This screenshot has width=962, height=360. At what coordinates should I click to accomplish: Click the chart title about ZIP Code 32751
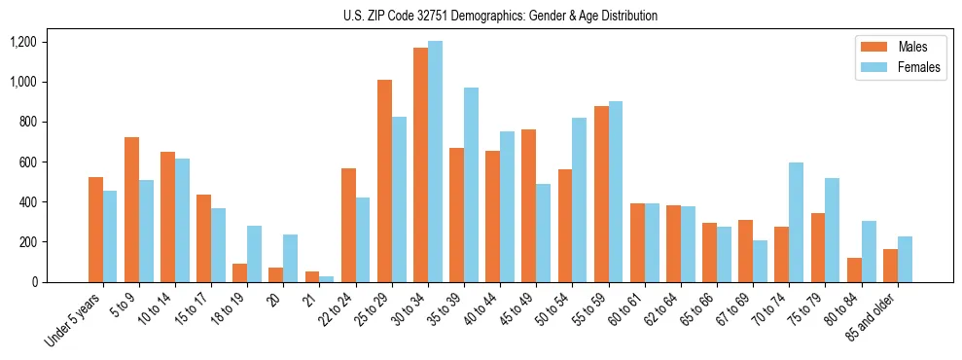pyautogui.click(x=500, y=16)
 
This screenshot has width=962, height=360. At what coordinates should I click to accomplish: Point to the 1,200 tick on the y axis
pyautogui.click(x=22, y=42)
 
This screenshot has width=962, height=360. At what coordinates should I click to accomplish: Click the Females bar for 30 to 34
pyautogui.click(x=435, y=162)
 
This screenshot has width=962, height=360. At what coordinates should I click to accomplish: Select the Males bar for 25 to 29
pyautogui.click(x=384, y=181)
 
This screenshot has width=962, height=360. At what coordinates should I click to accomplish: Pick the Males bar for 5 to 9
pyautogui.click(x=131, y=209)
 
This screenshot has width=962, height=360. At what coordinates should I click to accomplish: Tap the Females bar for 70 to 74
pyautogui.click(x=796, y=222)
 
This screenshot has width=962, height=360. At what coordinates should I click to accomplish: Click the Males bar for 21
pyautogui.click(x=312, y=276)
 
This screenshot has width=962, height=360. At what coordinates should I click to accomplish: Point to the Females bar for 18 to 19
pyautogui.click(x=255, y=254)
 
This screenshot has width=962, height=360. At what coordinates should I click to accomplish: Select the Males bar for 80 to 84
pyautogui.click(x=853, y=270)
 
